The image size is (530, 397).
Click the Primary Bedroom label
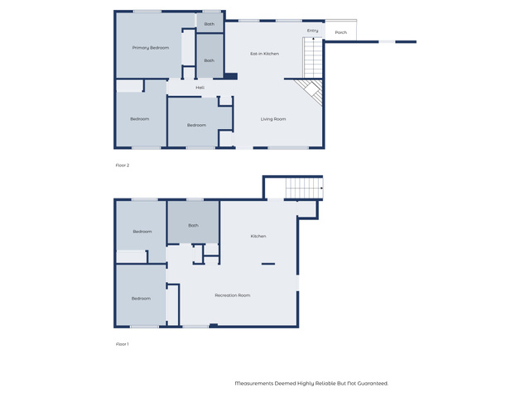pos(151,48)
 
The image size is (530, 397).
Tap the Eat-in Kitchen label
pos(265,54)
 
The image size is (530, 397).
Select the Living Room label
pos(273,119)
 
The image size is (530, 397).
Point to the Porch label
pos(340,32)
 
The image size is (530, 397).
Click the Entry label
pos(313,31)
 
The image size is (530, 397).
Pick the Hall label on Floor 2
pos(200,88)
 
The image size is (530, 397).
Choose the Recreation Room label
pos(233,295)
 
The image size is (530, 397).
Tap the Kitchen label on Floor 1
pos(258,236)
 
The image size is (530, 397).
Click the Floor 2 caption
pos(123,165)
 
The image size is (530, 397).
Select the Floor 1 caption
pos(122,344)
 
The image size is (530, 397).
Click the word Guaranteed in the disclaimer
pos(373,383)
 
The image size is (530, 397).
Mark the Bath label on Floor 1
pos(193,225)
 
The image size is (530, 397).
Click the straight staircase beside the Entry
pos(313,58)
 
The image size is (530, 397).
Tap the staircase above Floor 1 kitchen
pos(304,188)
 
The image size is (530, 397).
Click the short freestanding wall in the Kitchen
pos(268,264)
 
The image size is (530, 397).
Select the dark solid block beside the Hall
pos(230,76)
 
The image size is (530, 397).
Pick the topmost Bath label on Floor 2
pos(210,24)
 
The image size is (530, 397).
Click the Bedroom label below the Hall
pos(196,125)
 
